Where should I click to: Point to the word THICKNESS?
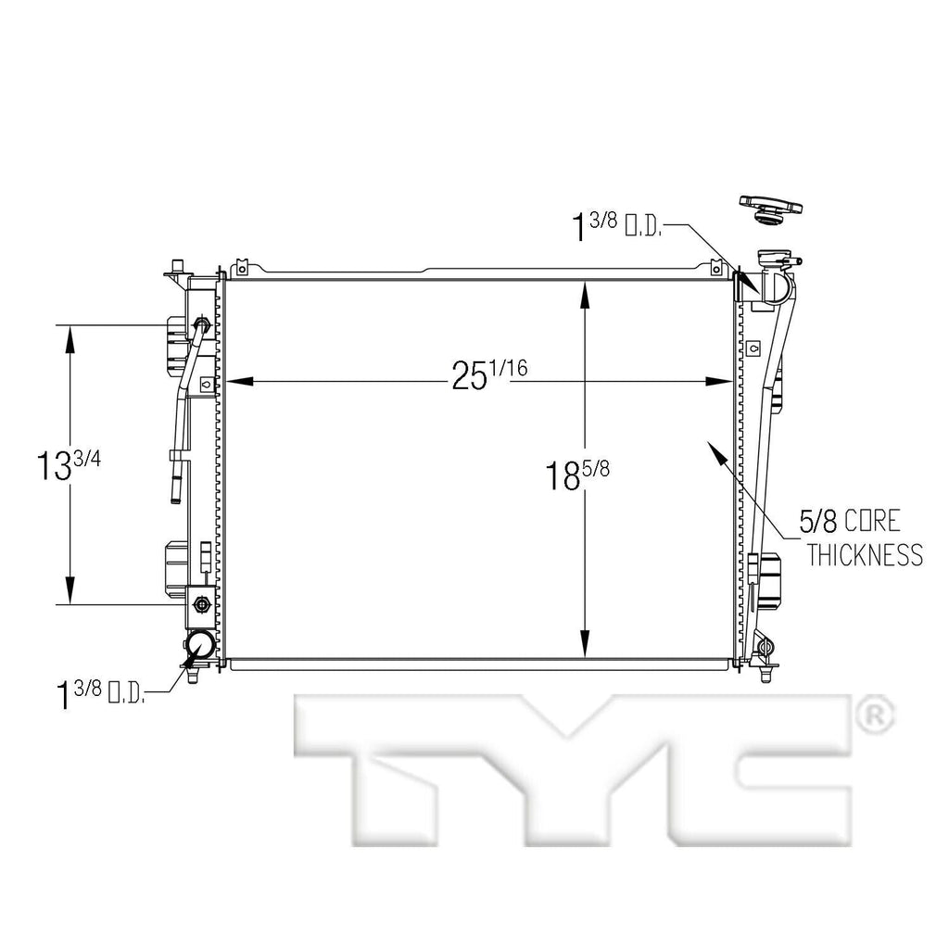[x=864, y=554]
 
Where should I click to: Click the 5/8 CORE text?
[x=851, y=521]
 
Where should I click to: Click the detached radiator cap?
[x=770, y=209]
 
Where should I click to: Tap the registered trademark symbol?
[x=874, y=714]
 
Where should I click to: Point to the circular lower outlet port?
[x=200, y=645]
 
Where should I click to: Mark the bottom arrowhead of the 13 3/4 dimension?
[x=70, y=591]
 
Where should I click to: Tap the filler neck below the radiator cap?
[x=773, y=264]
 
